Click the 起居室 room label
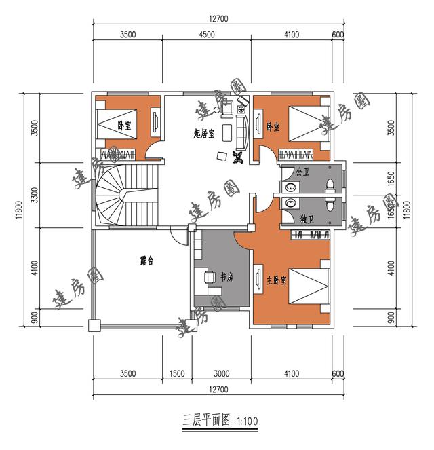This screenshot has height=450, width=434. tap(204, 133)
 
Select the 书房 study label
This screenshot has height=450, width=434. tap(227, 277)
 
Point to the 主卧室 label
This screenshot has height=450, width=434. tap(276, 280)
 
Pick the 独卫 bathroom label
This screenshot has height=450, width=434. tap(306, 219)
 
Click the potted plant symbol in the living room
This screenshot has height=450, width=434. tap(237, 159)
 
